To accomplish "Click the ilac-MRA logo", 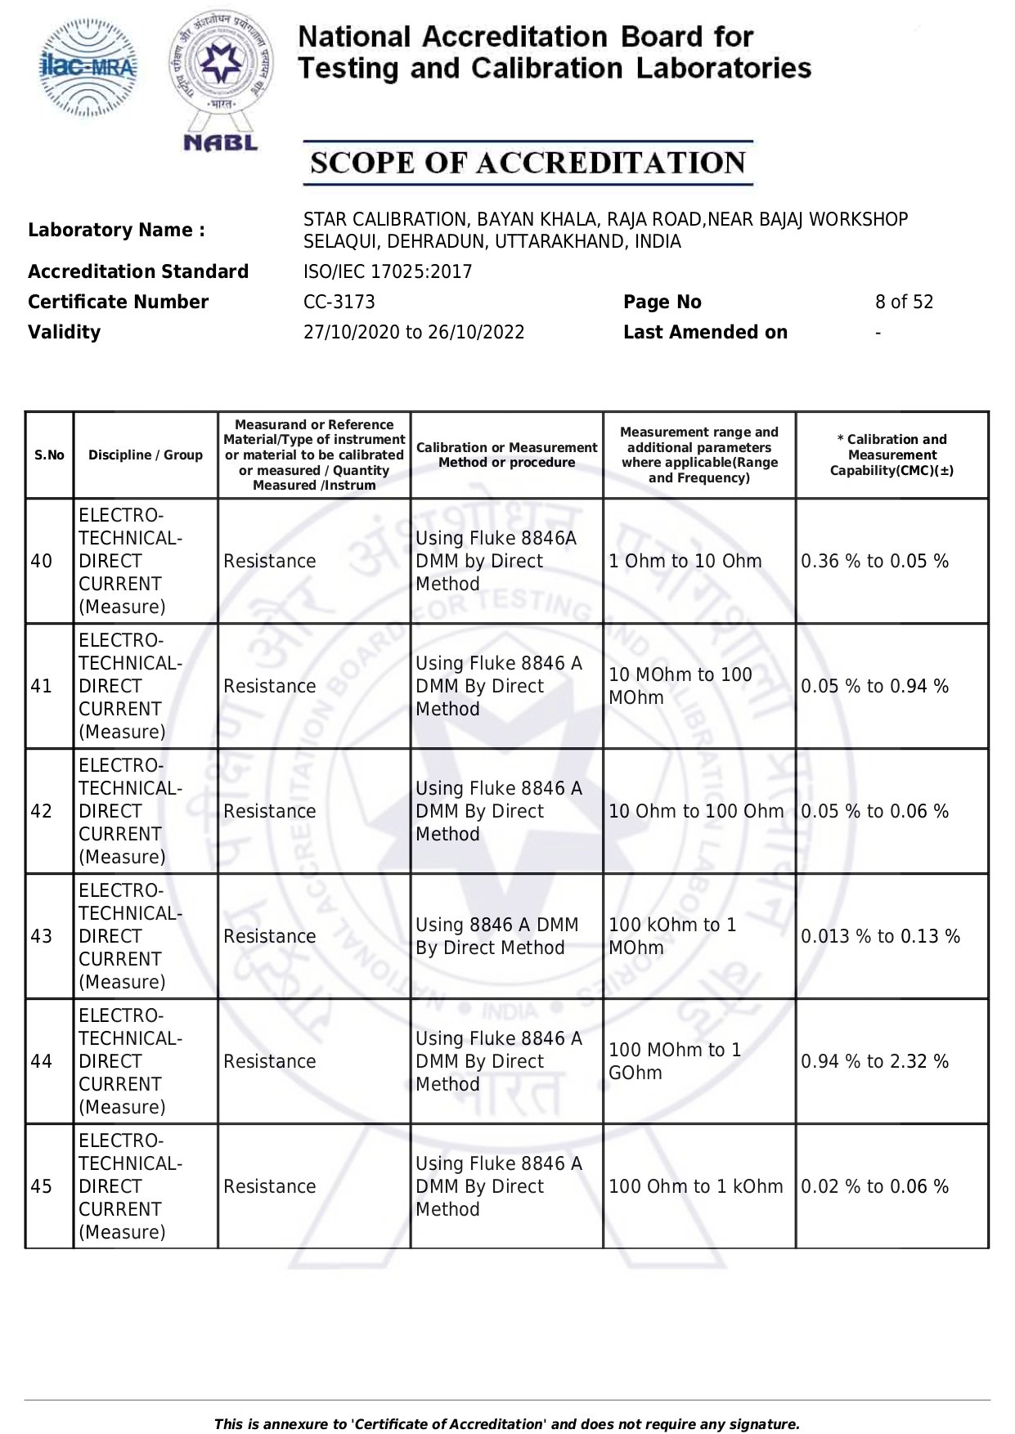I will point(88,68).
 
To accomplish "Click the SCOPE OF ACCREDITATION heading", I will point(528,163).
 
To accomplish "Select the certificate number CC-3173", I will point(339,302).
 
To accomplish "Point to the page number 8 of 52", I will point(904,302).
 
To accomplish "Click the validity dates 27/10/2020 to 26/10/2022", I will point(414,332).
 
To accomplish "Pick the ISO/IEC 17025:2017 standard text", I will point(388,271).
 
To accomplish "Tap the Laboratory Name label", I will point(116,230).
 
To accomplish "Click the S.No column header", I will point(49,455).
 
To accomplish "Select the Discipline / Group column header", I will point(146,455).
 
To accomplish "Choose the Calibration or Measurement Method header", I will point(506,455).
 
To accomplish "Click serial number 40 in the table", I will point(42,561).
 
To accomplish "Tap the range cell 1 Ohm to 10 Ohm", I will point(685,561).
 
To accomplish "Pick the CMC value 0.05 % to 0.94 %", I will point(874,686).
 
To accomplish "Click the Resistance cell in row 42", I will point(269,811).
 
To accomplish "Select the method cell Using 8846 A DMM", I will point(496,936).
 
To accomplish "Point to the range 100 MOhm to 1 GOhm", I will point(675,1061).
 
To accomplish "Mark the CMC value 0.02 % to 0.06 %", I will point(874,1186).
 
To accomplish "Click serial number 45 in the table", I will point(42,1186).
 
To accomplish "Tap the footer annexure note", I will point(507,1423).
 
